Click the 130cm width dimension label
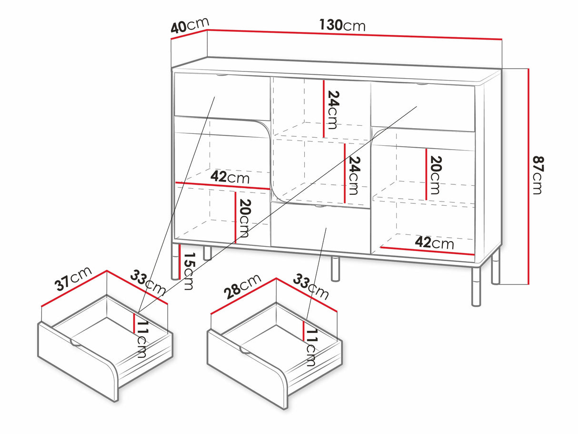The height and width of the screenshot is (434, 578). [x=342, y=25]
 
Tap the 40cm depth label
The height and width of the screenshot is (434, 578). [x=189, y=26]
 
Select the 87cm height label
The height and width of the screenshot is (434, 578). [x=537, y=175]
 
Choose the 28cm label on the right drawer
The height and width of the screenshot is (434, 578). [x=243, y=286]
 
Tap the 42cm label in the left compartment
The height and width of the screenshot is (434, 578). [x=230, y=177]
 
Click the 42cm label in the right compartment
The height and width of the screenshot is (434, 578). [x=434, y=242]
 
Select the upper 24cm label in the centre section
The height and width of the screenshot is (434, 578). [x=332, y=110]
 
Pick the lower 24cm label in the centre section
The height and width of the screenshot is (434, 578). [x=353, y=176]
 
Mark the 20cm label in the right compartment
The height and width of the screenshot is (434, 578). [x=434, y=175]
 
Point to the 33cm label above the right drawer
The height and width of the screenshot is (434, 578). [x=310, y=286]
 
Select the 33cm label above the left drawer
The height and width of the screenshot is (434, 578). [x=148, y=283]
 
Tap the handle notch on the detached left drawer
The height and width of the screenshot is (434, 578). [x=75, y=342]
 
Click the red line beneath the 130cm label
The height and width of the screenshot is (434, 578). [x=355, y=34]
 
